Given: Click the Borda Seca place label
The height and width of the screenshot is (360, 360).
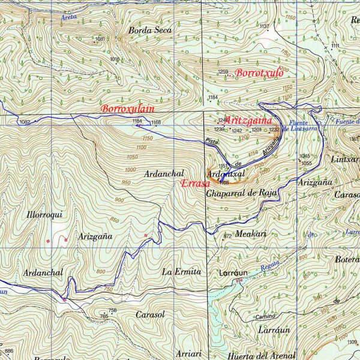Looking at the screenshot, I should tap(149, 30).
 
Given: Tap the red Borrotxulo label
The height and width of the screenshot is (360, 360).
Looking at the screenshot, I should tap(259, 73).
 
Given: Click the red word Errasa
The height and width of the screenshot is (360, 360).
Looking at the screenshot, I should tap(195, 184).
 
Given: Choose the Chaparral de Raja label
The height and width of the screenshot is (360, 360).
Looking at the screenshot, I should tap(240, 193).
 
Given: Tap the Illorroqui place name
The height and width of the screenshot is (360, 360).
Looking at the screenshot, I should tap(44, 214).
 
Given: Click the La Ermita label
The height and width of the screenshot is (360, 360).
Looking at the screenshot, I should tap(181, 272).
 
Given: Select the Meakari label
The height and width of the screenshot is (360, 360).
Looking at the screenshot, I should tap(251, 233).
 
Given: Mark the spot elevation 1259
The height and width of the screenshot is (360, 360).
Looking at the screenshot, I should tap(223, 72).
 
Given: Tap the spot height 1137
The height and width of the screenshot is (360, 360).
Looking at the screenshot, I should tap(263, 27).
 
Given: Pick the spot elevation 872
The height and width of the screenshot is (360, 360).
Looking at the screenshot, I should tap(227, 236).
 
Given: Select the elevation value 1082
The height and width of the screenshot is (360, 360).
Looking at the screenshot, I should tap(24, 122).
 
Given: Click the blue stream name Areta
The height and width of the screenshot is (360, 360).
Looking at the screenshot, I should tap(69, 18).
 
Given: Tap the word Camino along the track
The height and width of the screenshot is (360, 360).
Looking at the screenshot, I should tap(265, 316).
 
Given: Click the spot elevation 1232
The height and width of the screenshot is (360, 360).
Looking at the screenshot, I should tap(274, 129).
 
